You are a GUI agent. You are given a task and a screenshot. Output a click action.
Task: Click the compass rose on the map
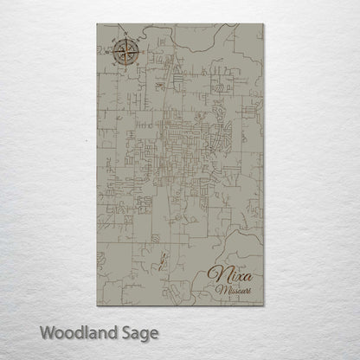pyautogui.click(x=125, y=53)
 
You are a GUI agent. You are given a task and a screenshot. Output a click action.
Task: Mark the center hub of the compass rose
pyautogui.click(x=125, y=53)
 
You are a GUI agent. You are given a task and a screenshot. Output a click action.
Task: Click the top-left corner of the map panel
pyautogui.click(x=96, y=24)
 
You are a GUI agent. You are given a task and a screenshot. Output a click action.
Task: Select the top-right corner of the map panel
pyautogui.click(x=263, y=24)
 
